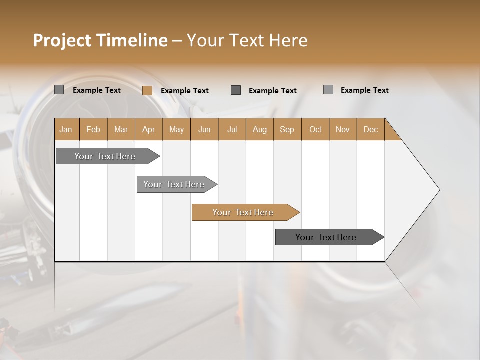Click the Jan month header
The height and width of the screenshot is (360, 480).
tap(66, 129)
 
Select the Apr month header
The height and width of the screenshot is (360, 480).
tap(149, 129)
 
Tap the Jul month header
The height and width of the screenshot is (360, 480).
tap(232, 129)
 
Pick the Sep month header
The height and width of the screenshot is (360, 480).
tap(287, 129)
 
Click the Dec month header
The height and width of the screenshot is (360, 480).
tap(370, 129)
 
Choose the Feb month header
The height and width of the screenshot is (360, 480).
tap(93, 129)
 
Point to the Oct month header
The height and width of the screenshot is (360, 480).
tap(315, 129)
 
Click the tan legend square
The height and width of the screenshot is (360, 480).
tap(147, 90)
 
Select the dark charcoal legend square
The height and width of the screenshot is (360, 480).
tap(236, 90)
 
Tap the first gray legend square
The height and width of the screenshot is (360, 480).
tap(59, 90)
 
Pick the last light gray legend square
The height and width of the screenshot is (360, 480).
tap(328, 90)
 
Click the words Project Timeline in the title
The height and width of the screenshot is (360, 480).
tap(100, 40)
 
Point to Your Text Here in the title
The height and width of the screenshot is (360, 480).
tap(247, 40)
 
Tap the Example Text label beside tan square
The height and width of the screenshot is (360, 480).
tap(184, 91)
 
